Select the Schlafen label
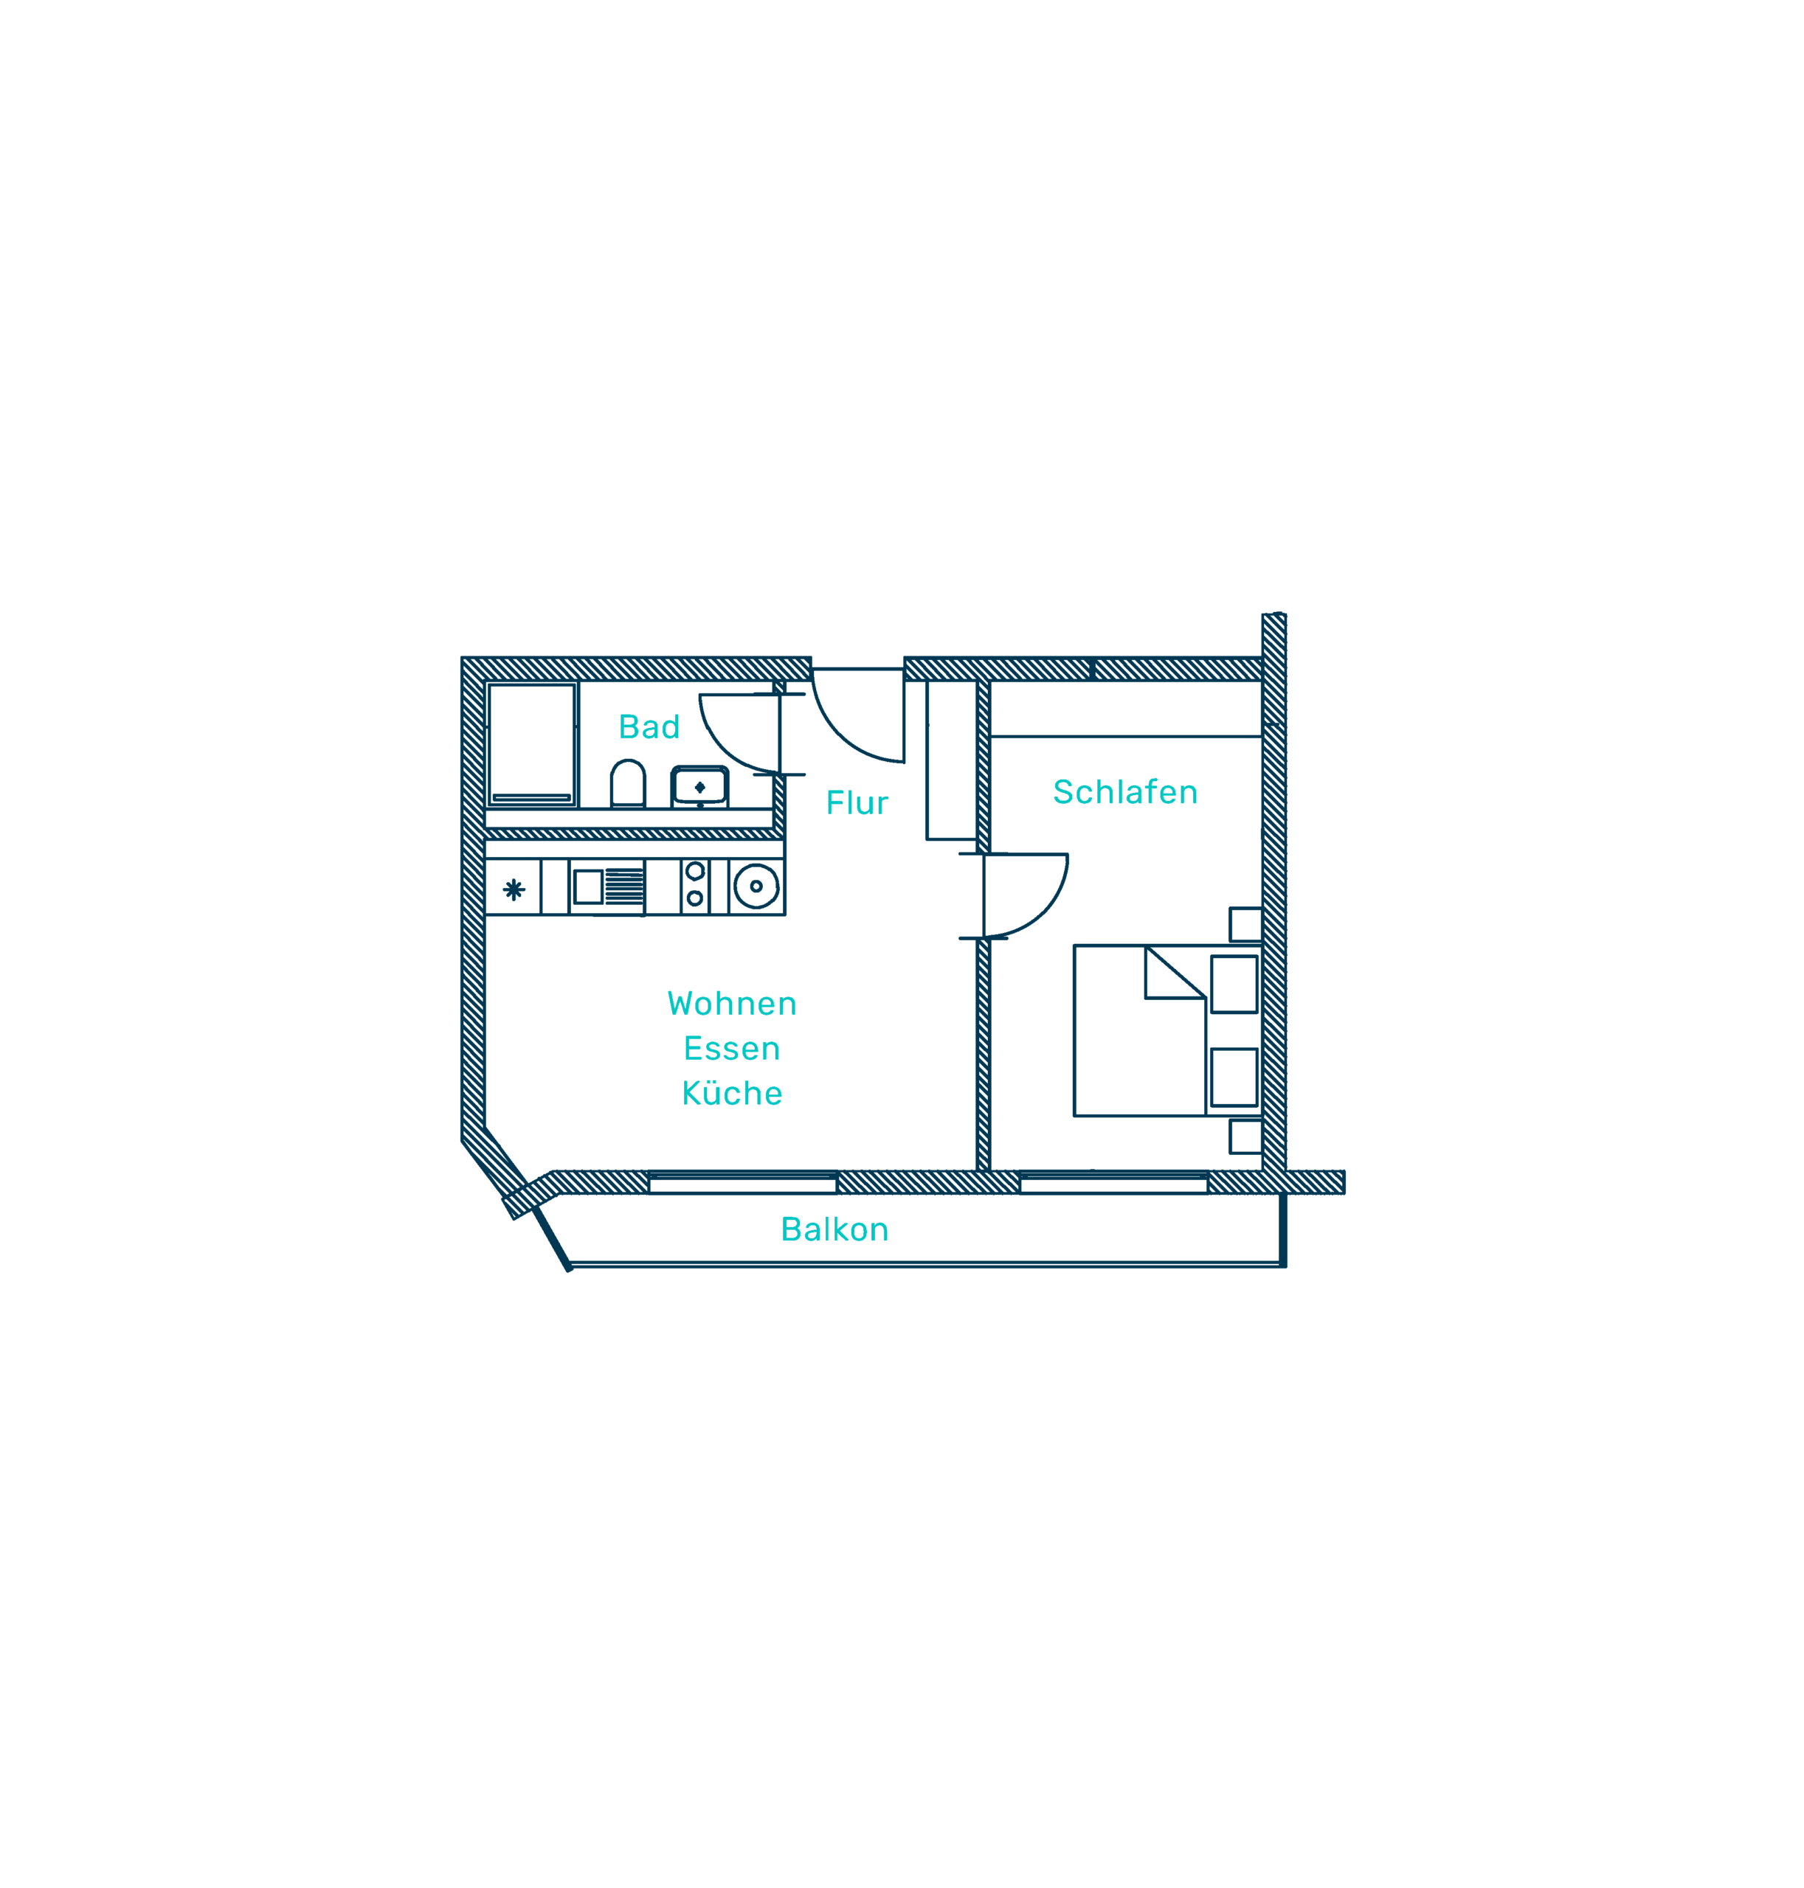point(1125,792)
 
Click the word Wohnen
point(732,1004)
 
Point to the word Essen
point(732,1049)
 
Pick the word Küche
point(732,1093)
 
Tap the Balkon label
point(834,1229)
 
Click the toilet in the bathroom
point(628,783)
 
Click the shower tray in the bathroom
point(532,745)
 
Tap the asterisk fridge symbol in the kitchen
point(514,890)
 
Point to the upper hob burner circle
point(695,872)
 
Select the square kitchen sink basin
point(589,887)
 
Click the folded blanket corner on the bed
point(1175,972)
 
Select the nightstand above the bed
point(1246,925)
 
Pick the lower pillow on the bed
point(1234,1077)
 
